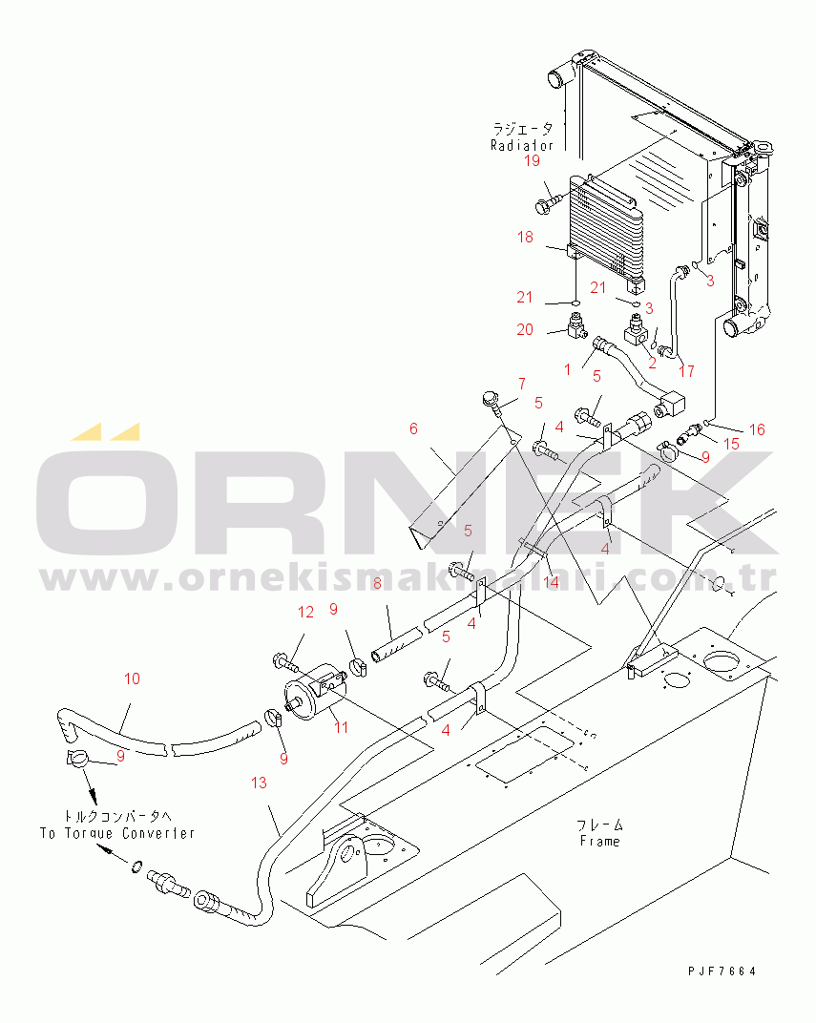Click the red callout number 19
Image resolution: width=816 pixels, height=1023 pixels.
[x=532, y=161]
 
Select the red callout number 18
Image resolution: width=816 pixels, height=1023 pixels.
[x=525, y=237]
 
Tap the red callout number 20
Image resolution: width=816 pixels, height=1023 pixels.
[x=525, y=329]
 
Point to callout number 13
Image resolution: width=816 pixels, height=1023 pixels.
[x=260, y=783]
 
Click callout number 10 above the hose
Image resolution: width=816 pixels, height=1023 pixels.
[x=132, y=679]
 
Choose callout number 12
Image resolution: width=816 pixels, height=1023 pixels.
[x=305, y=612]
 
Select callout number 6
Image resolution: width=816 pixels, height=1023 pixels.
[x=413, y=429]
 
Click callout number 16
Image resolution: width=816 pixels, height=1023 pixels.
[x=756, y=430]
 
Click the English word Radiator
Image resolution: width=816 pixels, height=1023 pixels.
[x=522, y=146]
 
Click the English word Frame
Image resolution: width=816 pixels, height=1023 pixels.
[x=599, y=841]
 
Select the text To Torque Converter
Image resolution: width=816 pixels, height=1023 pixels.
[x=116, y=833]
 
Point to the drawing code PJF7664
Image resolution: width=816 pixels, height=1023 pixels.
[x=722, y=971]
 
